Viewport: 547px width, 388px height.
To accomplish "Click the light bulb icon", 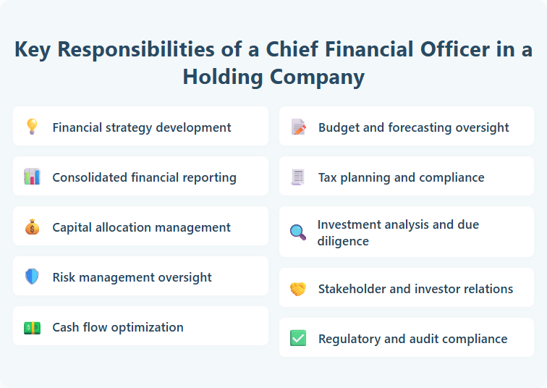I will pyautogui.click(x=32, y=127).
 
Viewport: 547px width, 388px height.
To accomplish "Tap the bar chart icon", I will pyautogui.click(x=32, y=177).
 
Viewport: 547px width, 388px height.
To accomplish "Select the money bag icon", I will pyautogui.click(x=32, y=227).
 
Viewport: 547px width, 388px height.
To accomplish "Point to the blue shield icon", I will pyautogui.click(x=32, y=277).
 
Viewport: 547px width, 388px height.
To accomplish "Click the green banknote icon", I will pyautogui.click(x=32, y=326).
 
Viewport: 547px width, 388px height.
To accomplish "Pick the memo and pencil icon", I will pyautogui.click(x=298, y=127).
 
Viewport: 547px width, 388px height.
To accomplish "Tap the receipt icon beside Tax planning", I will pyautogui.click(x=298, y=177).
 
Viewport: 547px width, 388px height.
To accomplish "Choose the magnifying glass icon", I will pyautogui.click(x=298, y=232).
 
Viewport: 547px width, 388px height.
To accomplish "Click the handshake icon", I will pyautogui.click(x=298, y=288).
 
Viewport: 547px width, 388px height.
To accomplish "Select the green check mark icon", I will pyautogui.click(x=298, y=338).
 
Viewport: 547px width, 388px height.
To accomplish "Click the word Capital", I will pyautogui.click(x=73, y=227).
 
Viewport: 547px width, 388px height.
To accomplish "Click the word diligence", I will pyautogui.click(x=343, y=241).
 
